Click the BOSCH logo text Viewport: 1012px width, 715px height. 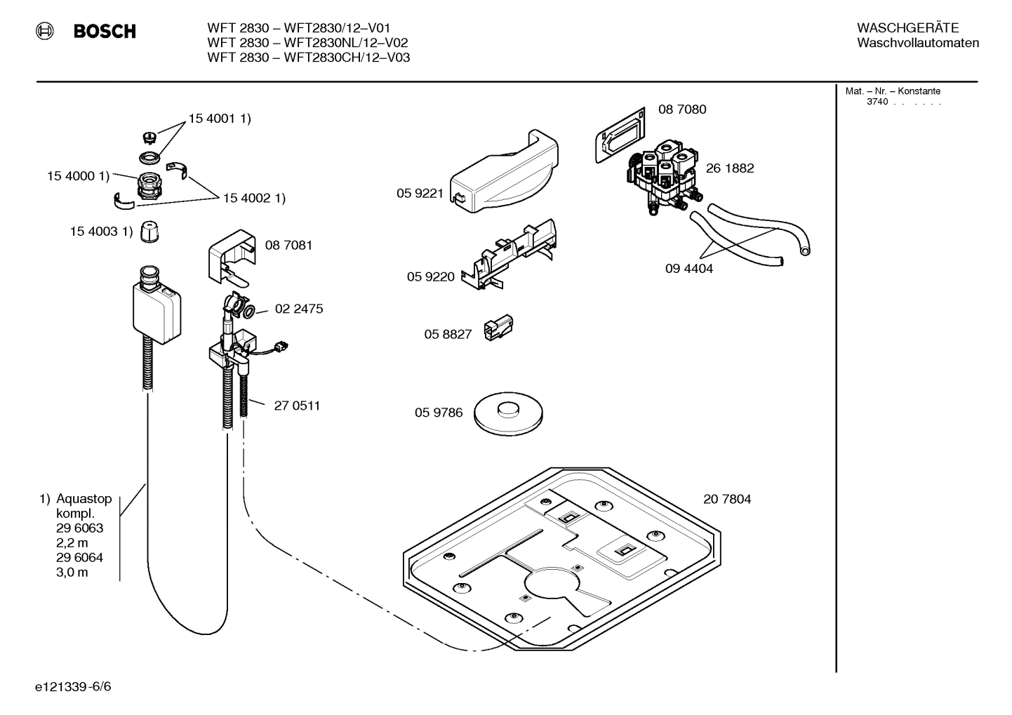105,32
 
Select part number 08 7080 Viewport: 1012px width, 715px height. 681,109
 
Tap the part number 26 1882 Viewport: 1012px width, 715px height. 730,168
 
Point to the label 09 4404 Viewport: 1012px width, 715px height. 688,269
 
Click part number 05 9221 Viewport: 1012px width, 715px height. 420,194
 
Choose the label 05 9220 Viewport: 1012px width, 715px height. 430,277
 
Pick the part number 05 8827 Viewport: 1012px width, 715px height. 447,335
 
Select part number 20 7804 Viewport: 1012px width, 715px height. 727,500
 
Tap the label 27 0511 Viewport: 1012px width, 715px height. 297,406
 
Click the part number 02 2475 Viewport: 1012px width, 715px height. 299,309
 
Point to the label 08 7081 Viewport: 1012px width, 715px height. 288,246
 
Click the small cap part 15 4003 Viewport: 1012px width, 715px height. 149,232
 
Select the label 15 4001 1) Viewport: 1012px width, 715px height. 219,119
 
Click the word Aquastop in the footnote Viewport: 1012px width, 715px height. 84,499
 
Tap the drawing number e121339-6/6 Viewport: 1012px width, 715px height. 73,686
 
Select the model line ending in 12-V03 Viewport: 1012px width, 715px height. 308,58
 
